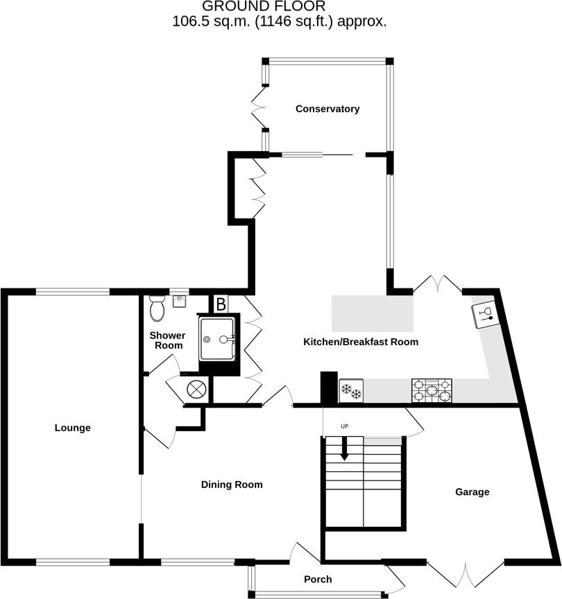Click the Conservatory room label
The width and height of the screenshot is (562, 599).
pos(327,109)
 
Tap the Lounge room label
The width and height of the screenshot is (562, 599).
pos(73,428)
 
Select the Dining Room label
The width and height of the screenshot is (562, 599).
pos(232,485)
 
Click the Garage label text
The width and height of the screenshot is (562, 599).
pos(472,492)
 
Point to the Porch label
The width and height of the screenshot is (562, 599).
pos(318,579)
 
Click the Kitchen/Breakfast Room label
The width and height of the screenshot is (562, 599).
pos(361,342)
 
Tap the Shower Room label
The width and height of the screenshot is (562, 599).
pos(167,340)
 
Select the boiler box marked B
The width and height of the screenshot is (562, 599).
pos(221,303)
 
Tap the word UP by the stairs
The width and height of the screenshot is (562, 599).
pos(344,425)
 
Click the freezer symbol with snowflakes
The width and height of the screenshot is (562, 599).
pos(352,392)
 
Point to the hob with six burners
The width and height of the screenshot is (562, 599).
pos(432,391)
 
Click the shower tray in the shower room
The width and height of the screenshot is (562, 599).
pos(219,339)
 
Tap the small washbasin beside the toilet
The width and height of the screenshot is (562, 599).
pos(180,301)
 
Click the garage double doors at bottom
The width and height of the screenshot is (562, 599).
pos(465,575)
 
